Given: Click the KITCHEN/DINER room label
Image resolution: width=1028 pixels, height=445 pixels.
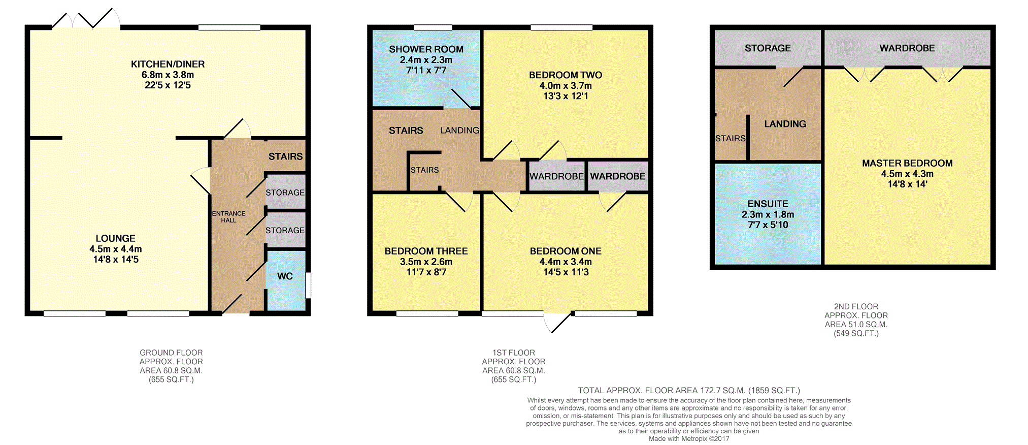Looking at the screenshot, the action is (x=168, y=64).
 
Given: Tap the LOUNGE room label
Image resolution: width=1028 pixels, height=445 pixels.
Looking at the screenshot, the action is (x=116, y=238).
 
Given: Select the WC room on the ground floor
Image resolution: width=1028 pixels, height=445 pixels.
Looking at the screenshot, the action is (x=285, y=280).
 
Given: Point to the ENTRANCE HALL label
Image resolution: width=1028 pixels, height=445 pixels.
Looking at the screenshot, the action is (x=228, y=217).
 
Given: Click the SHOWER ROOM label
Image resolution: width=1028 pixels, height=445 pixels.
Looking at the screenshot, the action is (x=426, y=49).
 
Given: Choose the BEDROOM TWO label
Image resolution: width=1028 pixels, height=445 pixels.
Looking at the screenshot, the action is (x=566, y=75).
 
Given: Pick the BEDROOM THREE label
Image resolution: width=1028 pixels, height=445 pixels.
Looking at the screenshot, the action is (x=426, y=251).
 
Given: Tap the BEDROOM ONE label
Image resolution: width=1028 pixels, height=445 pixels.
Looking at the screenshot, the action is (x=566, y=251).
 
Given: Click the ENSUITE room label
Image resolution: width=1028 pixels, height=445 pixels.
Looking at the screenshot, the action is (x=768, y=204).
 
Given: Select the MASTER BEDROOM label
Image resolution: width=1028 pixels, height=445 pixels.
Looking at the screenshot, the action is (x=907, y=163).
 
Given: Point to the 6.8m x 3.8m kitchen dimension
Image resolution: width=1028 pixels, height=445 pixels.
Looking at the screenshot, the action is (x=168, y=75).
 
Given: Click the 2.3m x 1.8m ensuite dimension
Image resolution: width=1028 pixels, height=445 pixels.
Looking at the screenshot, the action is (x=768, y=214).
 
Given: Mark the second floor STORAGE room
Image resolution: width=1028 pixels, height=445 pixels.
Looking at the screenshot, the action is (x=768, y=48).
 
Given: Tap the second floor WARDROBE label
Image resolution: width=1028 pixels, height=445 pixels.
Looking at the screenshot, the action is (x=907, y=48).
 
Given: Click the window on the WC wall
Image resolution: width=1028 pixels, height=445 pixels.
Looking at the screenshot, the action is (x=308, y=285).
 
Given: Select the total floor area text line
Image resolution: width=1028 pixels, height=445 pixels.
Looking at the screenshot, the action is (x=689, y=391).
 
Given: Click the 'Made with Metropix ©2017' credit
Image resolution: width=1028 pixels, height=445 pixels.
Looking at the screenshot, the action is (x=689, y=439).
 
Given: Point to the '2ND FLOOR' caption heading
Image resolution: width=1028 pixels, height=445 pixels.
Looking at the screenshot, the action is (x=856, y=307).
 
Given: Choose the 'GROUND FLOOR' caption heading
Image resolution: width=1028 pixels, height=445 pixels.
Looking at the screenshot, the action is (x=171, y=353).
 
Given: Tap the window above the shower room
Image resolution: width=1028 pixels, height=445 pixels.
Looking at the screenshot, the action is (x=433, y=27).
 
